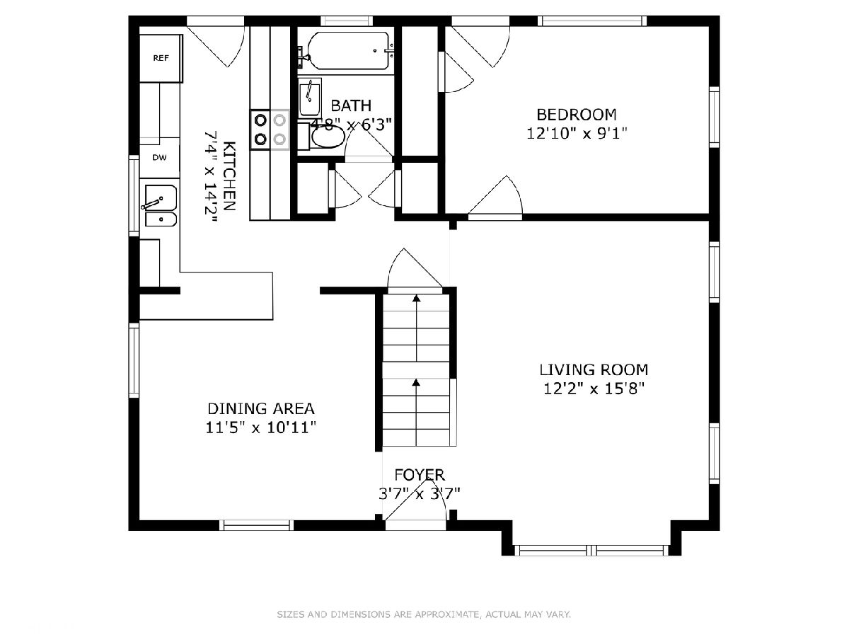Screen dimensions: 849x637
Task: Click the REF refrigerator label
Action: click(161, 58)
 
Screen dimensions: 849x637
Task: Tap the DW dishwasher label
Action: click(159, 157)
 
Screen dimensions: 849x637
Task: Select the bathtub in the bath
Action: click(348, 51)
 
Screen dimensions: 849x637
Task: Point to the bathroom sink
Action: click(309, 97)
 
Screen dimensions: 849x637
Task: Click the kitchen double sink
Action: click(161, 206)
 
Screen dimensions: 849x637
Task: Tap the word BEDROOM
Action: click(577, 115)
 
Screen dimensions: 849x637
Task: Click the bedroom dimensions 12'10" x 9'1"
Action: click(577, 134)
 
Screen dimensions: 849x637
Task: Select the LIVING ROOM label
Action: click(594, 369)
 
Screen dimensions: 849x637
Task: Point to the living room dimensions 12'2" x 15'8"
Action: click(594, 389)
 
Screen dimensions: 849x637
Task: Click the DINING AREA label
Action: click(261, 408)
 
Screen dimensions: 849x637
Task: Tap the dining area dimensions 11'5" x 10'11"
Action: click(261, 427)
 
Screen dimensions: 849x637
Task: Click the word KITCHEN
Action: click(229, 176)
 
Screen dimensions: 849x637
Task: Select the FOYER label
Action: click(420, 474)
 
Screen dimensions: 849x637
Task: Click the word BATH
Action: click(351, 105)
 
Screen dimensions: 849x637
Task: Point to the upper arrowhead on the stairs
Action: click(416, 298)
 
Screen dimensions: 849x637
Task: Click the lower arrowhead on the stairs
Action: click(416, 382)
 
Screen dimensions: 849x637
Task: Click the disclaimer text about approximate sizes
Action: click(424, 614)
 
